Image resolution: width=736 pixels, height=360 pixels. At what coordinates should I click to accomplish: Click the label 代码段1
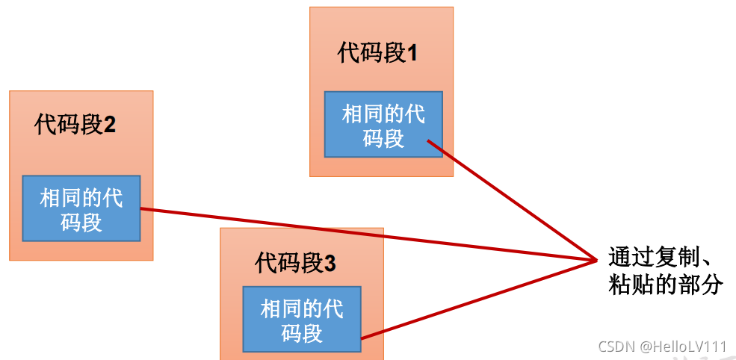coord(377,54)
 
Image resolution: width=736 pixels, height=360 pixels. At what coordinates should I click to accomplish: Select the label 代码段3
coord(295,263)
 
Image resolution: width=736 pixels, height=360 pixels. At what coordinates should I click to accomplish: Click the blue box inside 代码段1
coord(383,124)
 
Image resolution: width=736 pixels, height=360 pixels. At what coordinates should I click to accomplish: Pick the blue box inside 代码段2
coord(81,208)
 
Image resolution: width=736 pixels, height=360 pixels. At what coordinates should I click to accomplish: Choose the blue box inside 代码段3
coord(301,319)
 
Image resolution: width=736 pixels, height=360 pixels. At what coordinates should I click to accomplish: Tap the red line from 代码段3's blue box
coord(478,300)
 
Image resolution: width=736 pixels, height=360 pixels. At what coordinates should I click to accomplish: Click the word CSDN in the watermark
coord(616,347)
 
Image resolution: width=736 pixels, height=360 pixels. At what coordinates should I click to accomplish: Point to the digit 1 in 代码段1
coord(412,55)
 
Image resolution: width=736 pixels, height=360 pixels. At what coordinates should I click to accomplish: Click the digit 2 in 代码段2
coord(110,125)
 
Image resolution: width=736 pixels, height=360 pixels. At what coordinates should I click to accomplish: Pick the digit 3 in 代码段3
coord(330,264)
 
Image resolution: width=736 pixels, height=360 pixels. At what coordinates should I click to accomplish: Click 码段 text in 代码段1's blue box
coord(383,138)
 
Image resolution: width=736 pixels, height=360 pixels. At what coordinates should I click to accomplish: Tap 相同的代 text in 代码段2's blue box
coord(81,198)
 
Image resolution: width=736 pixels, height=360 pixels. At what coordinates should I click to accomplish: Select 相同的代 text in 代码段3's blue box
coord(302,308)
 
